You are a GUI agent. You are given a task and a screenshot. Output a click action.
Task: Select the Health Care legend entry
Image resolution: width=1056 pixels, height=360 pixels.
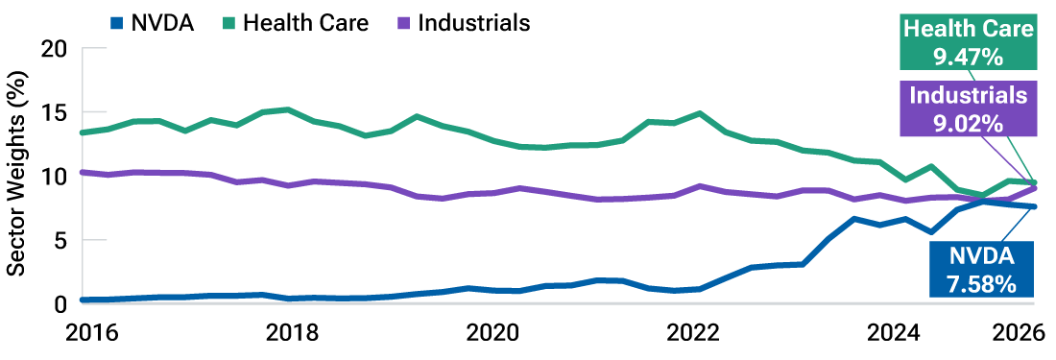pyautogui.click(x=305, y=22)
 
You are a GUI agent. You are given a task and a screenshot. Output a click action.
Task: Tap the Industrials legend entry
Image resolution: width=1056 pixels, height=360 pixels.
pyautogui.click(x=473, y=22)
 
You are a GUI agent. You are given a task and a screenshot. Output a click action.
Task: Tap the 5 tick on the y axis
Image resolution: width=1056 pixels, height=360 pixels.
pyautogui.click(x=60, y=240)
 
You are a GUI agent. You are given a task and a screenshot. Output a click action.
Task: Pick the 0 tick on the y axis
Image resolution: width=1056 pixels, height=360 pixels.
pyautogui.click(x=60, y=303)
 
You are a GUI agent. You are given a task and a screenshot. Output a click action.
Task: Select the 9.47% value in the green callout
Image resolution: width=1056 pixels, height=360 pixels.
pyautogui.click(x=968, y=58)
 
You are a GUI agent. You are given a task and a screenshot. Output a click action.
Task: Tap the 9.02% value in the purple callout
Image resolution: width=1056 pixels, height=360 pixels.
pyautogui.click(x=968, y=123)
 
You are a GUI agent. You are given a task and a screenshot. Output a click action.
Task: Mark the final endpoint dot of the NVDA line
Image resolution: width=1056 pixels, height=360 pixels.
pyautogui.click(x=1034, y=206)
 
